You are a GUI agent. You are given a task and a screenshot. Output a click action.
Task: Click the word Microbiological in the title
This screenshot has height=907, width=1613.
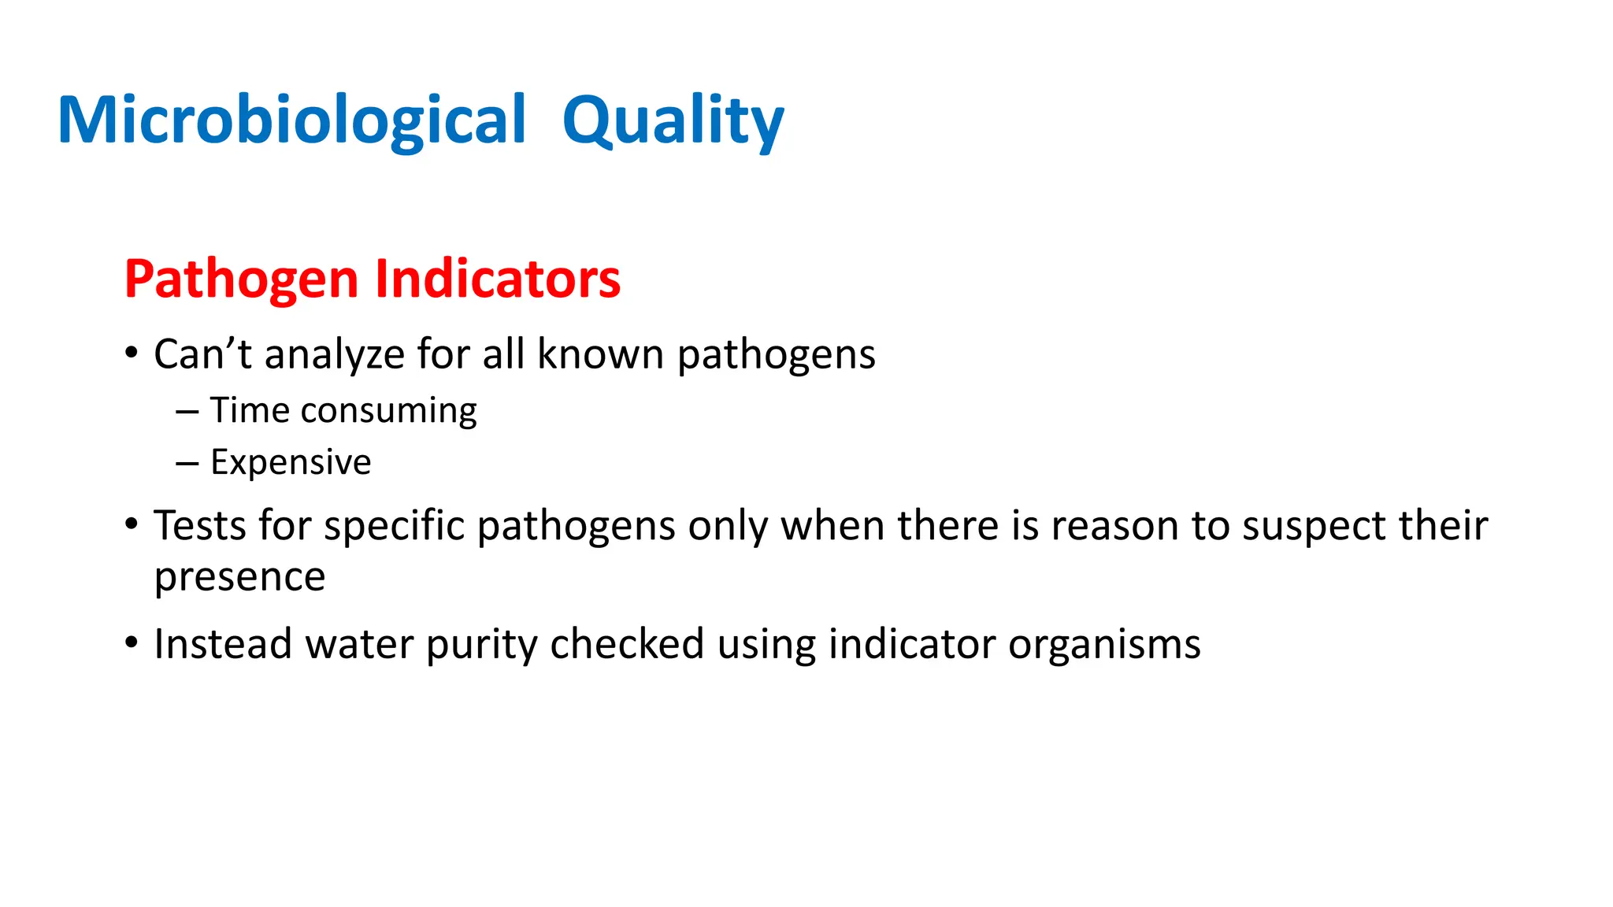tap(291, 120)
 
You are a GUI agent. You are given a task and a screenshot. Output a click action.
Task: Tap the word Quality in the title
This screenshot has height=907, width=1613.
tap(673, 120)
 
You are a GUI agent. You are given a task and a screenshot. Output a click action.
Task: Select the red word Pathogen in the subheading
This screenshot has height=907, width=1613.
tap(241, 280)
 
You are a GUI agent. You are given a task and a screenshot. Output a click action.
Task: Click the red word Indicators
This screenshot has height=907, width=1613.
tap(497, 280)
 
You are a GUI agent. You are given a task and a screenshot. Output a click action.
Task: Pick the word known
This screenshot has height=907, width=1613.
tap(600, 354)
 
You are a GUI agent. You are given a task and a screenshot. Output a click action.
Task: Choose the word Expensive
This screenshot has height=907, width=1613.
tap(291, 462)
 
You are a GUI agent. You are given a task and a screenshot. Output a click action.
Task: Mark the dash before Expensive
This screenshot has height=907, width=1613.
tap(187, 463)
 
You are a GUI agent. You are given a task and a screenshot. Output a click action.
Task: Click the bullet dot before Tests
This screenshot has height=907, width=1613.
tap(132, 524)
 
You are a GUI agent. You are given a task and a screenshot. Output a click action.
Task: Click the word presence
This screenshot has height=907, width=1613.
tap(239, 577)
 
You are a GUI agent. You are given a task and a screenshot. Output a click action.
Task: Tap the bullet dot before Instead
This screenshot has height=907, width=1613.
tap(132, 642)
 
